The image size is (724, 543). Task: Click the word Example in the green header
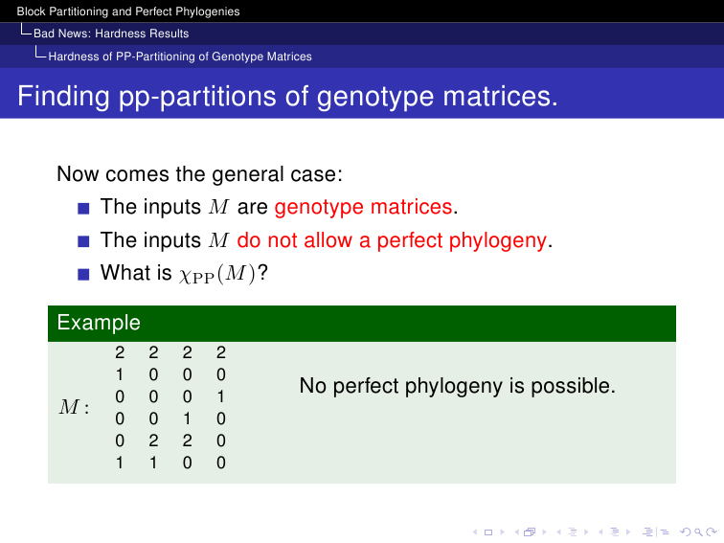point(99,323)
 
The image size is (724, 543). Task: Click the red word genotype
point(320,207)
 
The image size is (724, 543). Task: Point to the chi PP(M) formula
point(217,274)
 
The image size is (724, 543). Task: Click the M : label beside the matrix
point(74,407)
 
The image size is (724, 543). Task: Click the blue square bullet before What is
point(83,274)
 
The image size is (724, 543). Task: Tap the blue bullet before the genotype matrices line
point(83,208)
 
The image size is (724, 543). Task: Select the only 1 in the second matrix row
point(120,374)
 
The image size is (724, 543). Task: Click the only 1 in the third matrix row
point(220,396)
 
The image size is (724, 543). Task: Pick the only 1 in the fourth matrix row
point(187,419)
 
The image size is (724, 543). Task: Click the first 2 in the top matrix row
point(120,352)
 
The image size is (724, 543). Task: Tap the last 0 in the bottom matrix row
point(220,463)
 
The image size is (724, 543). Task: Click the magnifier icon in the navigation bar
point(698,532)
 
